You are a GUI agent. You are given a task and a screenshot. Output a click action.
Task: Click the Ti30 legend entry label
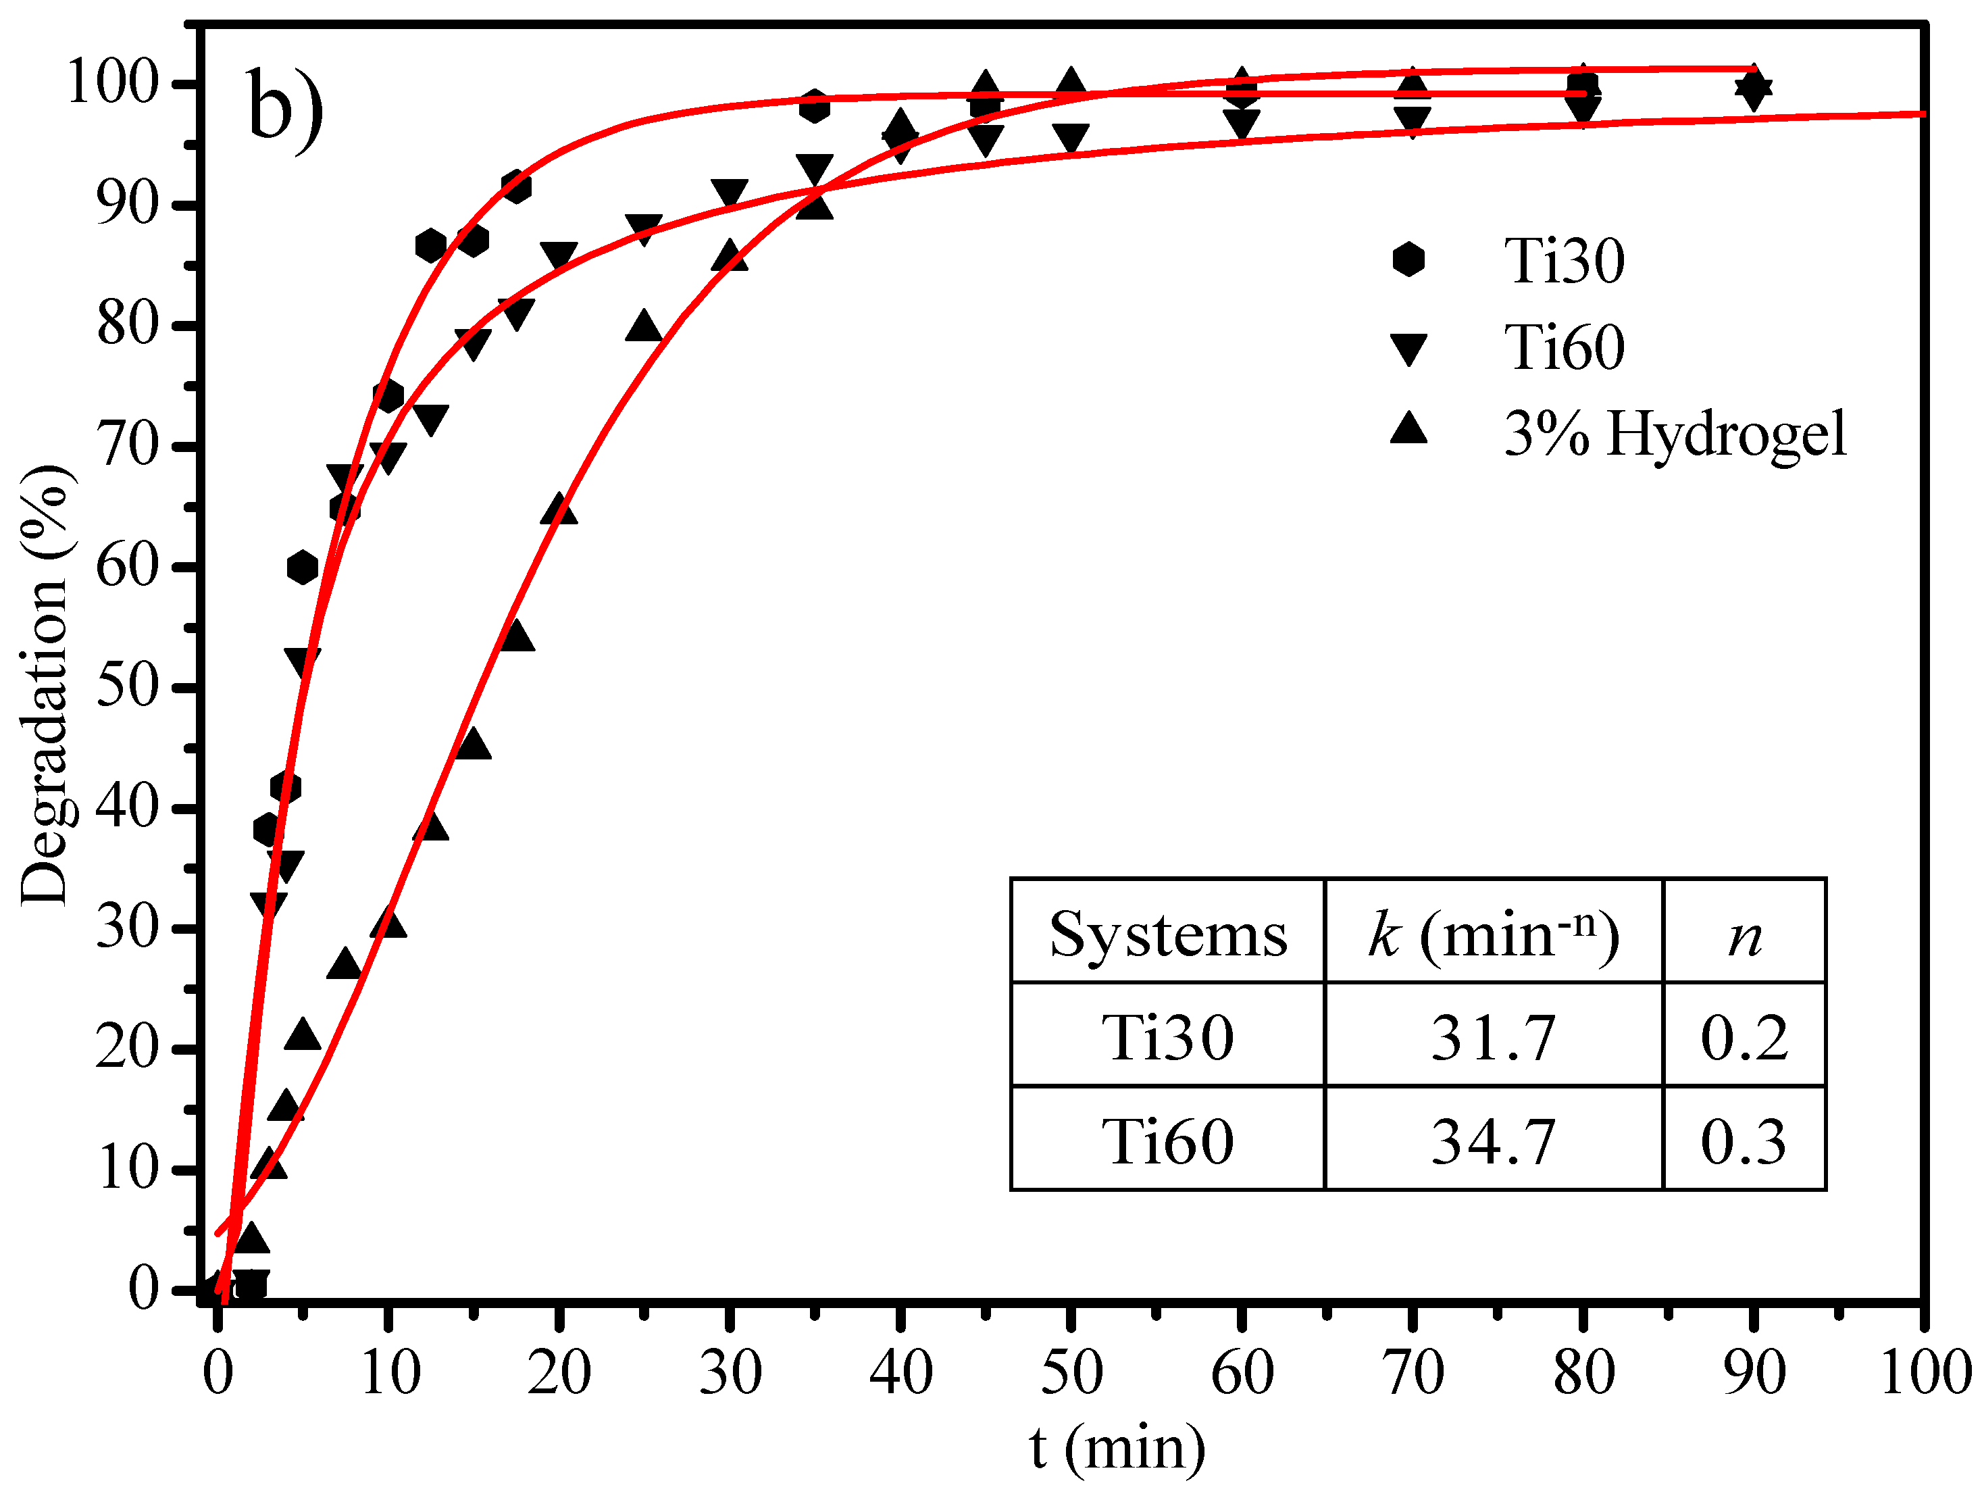[x=1564, y=261]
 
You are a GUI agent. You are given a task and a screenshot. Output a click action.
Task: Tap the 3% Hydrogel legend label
[x=1675, y=434]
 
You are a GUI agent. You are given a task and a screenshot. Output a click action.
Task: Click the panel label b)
[x=285, y=109]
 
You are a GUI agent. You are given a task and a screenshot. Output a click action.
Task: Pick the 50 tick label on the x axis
[x=1071, y=1372]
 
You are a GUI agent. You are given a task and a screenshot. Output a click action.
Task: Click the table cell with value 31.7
[x=1493, y=1038]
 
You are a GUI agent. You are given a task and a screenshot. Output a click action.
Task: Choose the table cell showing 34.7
[x=1493, y=1142]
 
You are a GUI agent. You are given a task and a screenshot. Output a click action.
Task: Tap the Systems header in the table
[x=1167, y=935]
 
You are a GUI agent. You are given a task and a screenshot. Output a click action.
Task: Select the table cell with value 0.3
[x=1744, y=1142]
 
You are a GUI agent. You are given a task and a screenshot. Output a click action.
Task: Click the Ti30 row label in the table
[x=1167, y=1038]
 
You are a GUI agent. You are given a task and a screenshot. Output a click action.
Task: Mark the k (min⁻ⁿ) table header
[x=1493, y=935]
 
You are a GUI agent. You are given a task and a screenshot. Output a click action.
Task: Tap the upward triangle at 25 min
[x=644, y=327]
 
